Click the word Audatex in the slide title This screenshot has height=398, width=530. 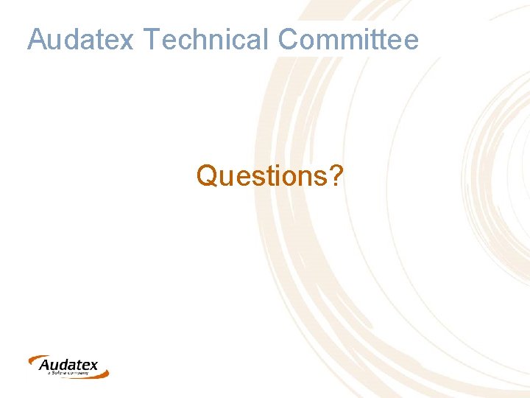(x=80, y=39)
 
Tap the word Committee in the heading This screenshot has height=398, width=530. (x=348, y=39)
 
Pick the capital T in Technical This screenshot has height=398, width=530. (x=150, y=39)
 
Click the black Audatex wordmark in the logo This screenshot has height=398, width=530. (x=68, y=365)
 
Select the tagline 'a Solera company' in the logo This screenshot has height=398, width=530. (x=68, y=374)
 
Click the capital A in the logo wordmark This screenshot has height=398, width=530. (x=45, y=365)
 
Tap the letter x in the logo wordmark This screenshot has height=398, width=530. (x=93, y=366)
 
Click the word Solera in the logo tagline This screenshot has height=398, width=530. (x=58, y=374)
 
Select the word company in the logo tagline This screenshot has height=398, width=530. (x=77, y=374)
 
